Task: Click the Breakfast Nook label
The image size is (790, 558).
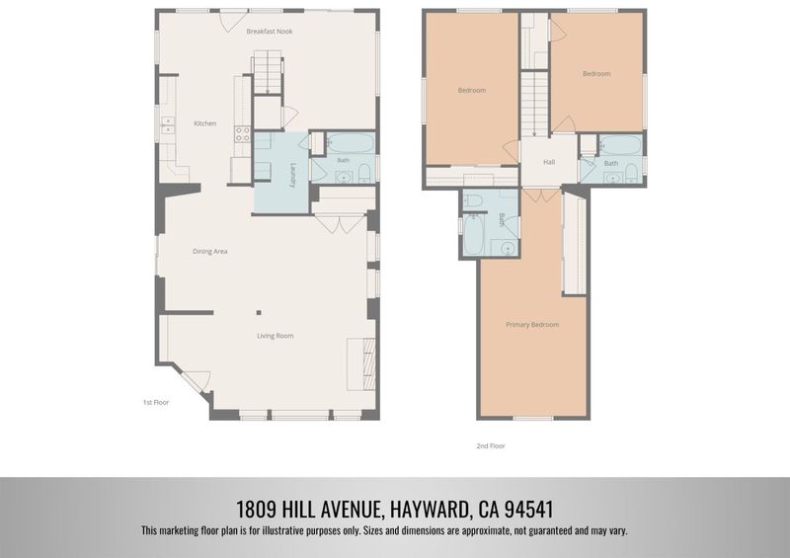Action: [x=269, y=32]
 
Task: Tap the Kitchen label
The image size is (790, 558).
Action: [x=205, y=123]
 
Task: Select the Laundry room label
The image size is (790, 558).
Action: [x=292, y=175]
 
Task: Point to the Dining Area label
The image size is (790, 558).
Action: [x=209, y=251]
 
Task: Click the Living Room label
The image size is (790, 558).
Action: [x=276, y=336]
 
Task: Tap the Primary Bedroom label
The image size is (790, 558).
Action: [x=532, y=325]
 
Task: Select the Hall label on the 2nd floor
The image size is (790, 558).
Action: [x=549, y=162]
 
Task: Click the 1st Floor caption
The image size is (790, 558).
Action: [x=156, y=402]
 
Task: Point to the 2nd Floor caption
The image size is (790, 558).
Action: [x=491, y=445]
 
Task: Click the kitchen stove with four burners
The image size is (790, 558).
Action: [x=242, y=133]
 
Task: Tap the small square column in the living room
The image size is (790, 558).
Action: [x=259, y=312]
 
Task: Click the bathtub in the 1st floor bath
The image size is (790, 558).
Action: [x=351, y=143]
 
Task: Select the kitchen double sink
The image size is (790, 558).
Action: [x=167, y=125]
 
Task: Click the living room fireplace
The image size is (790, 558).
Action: [x=361, y=364]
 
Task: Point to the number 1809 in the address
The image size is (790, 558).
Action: [x=256, y=509]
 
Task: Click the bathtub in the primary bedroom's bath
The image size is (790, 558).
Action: [x=474, y=234]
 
